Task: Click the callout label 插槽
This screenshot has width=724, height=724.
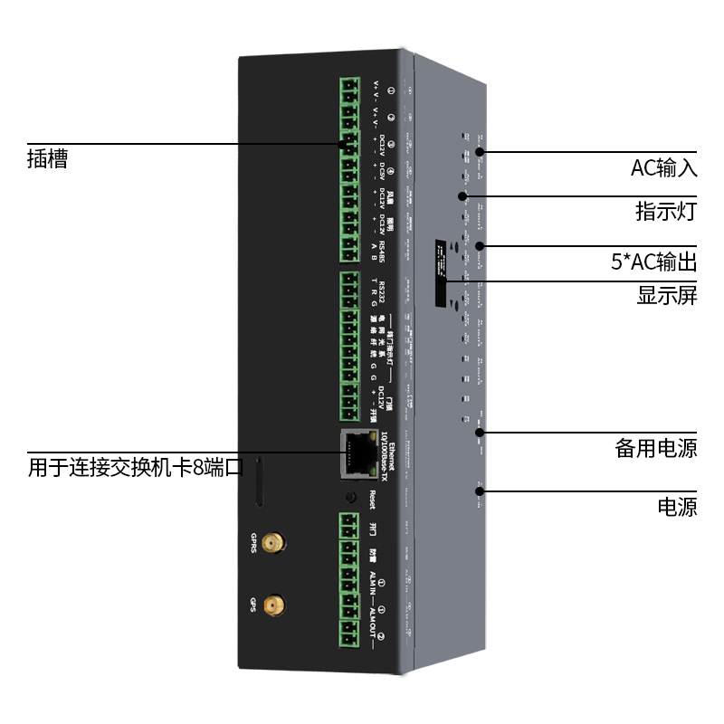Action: pyautogui.click(x=47, y=159)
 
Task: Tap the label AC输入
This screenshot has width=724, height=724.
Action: pyautogui.click(x=663, y=168)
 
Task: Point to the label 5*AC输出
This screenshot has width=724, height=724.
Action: pyautogui.click(x=654, y=263)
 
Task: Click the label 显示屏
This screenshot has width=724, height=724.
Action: pyautogui.click(x=667, y=296)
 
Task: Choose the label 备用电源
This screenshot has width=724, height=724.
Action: pyautogui.click(x=656, y=448)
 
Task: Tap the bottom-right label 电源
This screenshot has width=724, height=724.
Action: pyautogui.click(x=677, y=507)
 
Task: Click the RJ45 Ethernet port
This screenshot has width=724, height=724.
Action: pyautogui.click(x=357, y=453)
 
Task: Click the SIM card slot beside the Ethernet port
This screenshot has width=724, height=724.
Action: pyautogui.click(x=261, y=482)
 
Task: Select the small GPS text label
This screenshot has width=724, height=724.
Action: pyautogui.click(x=253, y=602)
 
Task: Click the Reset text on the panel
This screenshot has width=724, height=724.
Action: pyautogui.click(x=372, y=498)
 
